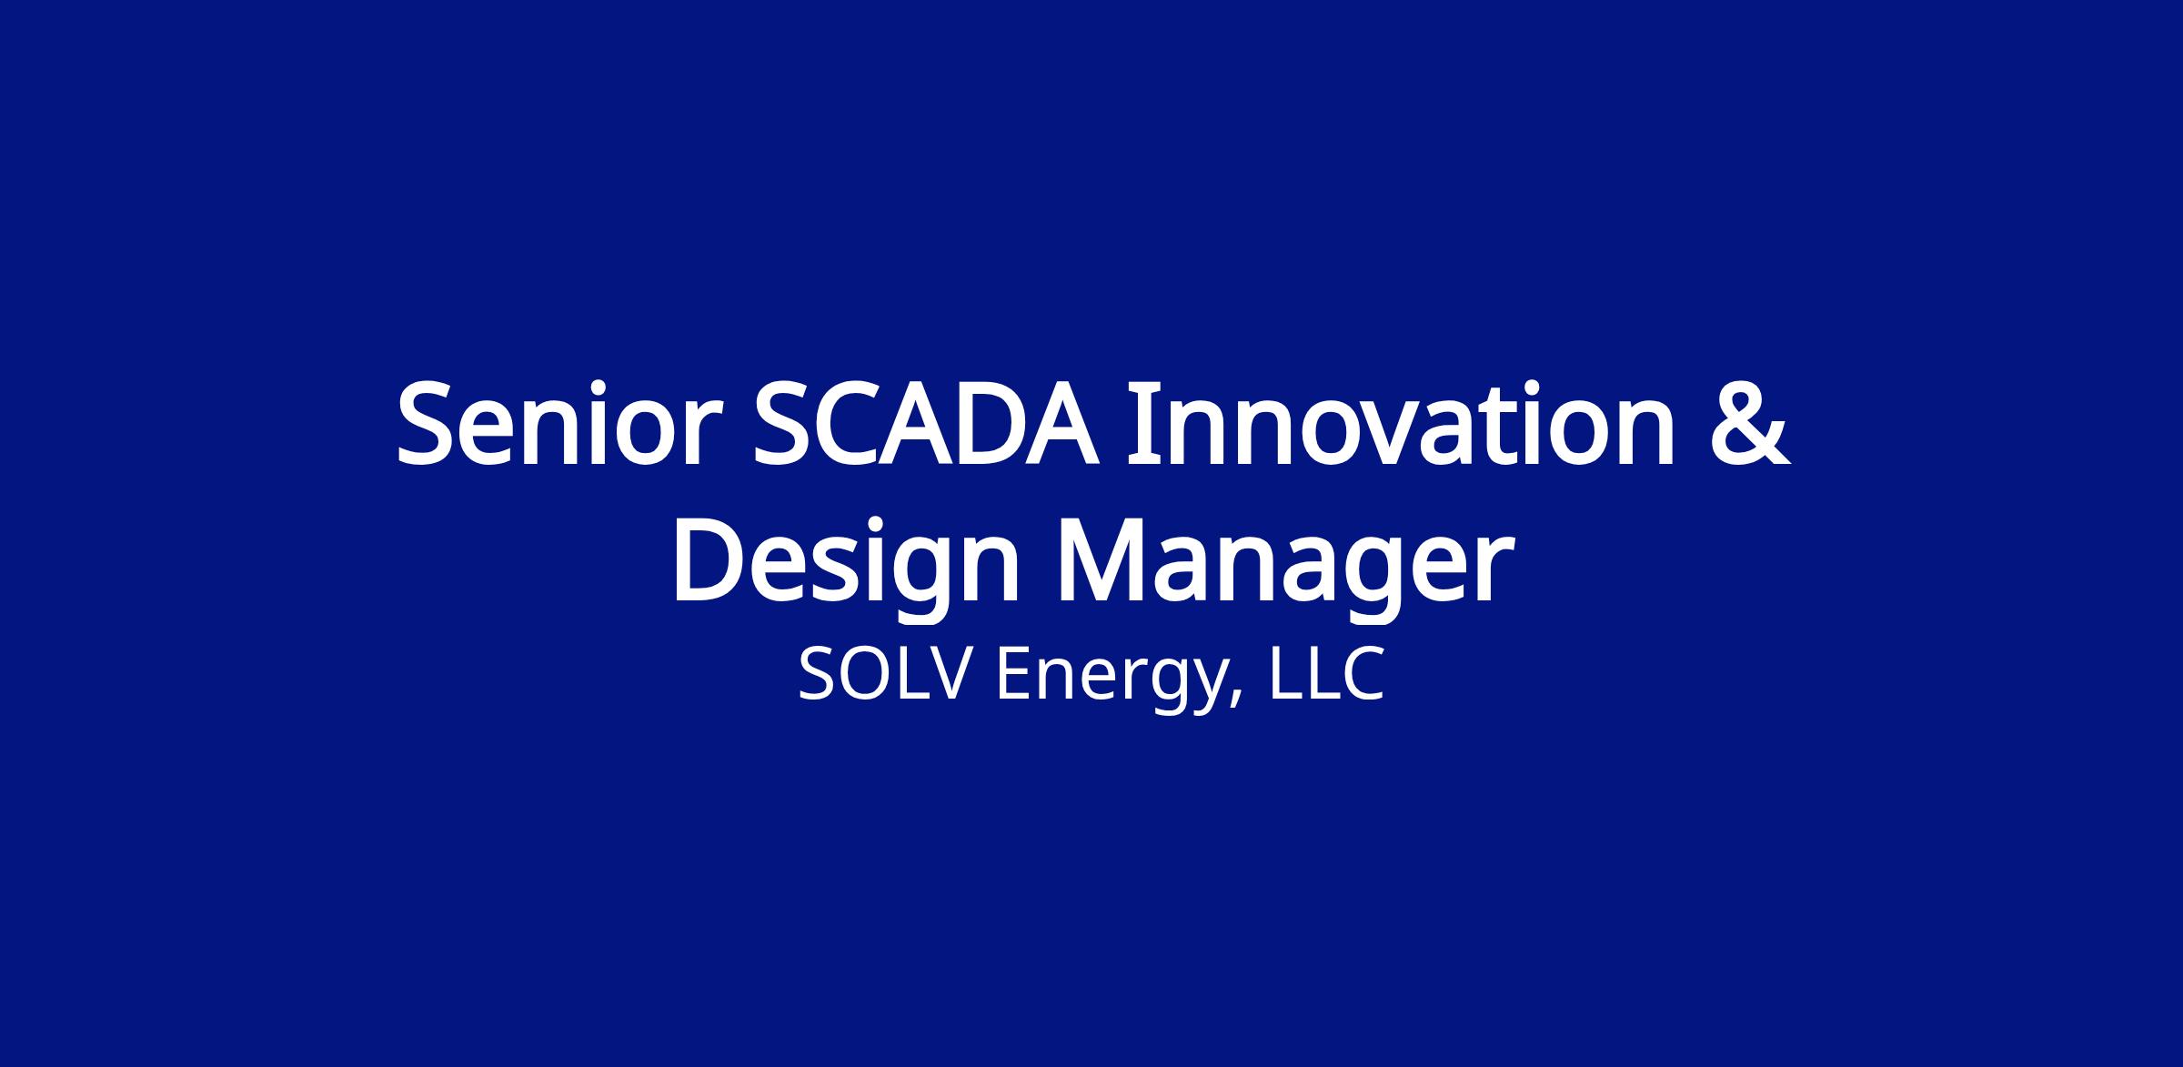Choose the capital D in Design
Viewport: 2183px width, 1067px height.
pos(709,563)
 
